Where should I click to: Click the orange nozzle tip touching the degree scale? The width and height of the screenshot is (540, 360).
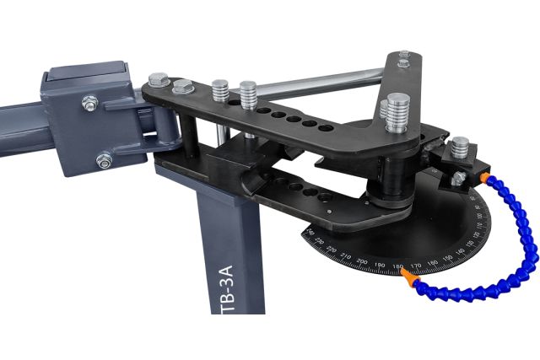[407, 275]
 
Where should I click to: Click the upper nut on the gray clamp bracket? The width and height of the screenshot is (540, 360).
[89, 104]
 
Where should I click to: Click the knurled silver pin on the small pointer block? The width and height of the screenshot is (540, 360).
[460, 148]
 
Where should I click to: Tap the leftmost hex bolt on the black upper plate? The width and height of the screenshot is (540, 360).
[158, 80]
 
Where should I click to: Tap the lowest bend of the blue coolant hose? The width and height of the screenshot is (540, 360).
[472, 294]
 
